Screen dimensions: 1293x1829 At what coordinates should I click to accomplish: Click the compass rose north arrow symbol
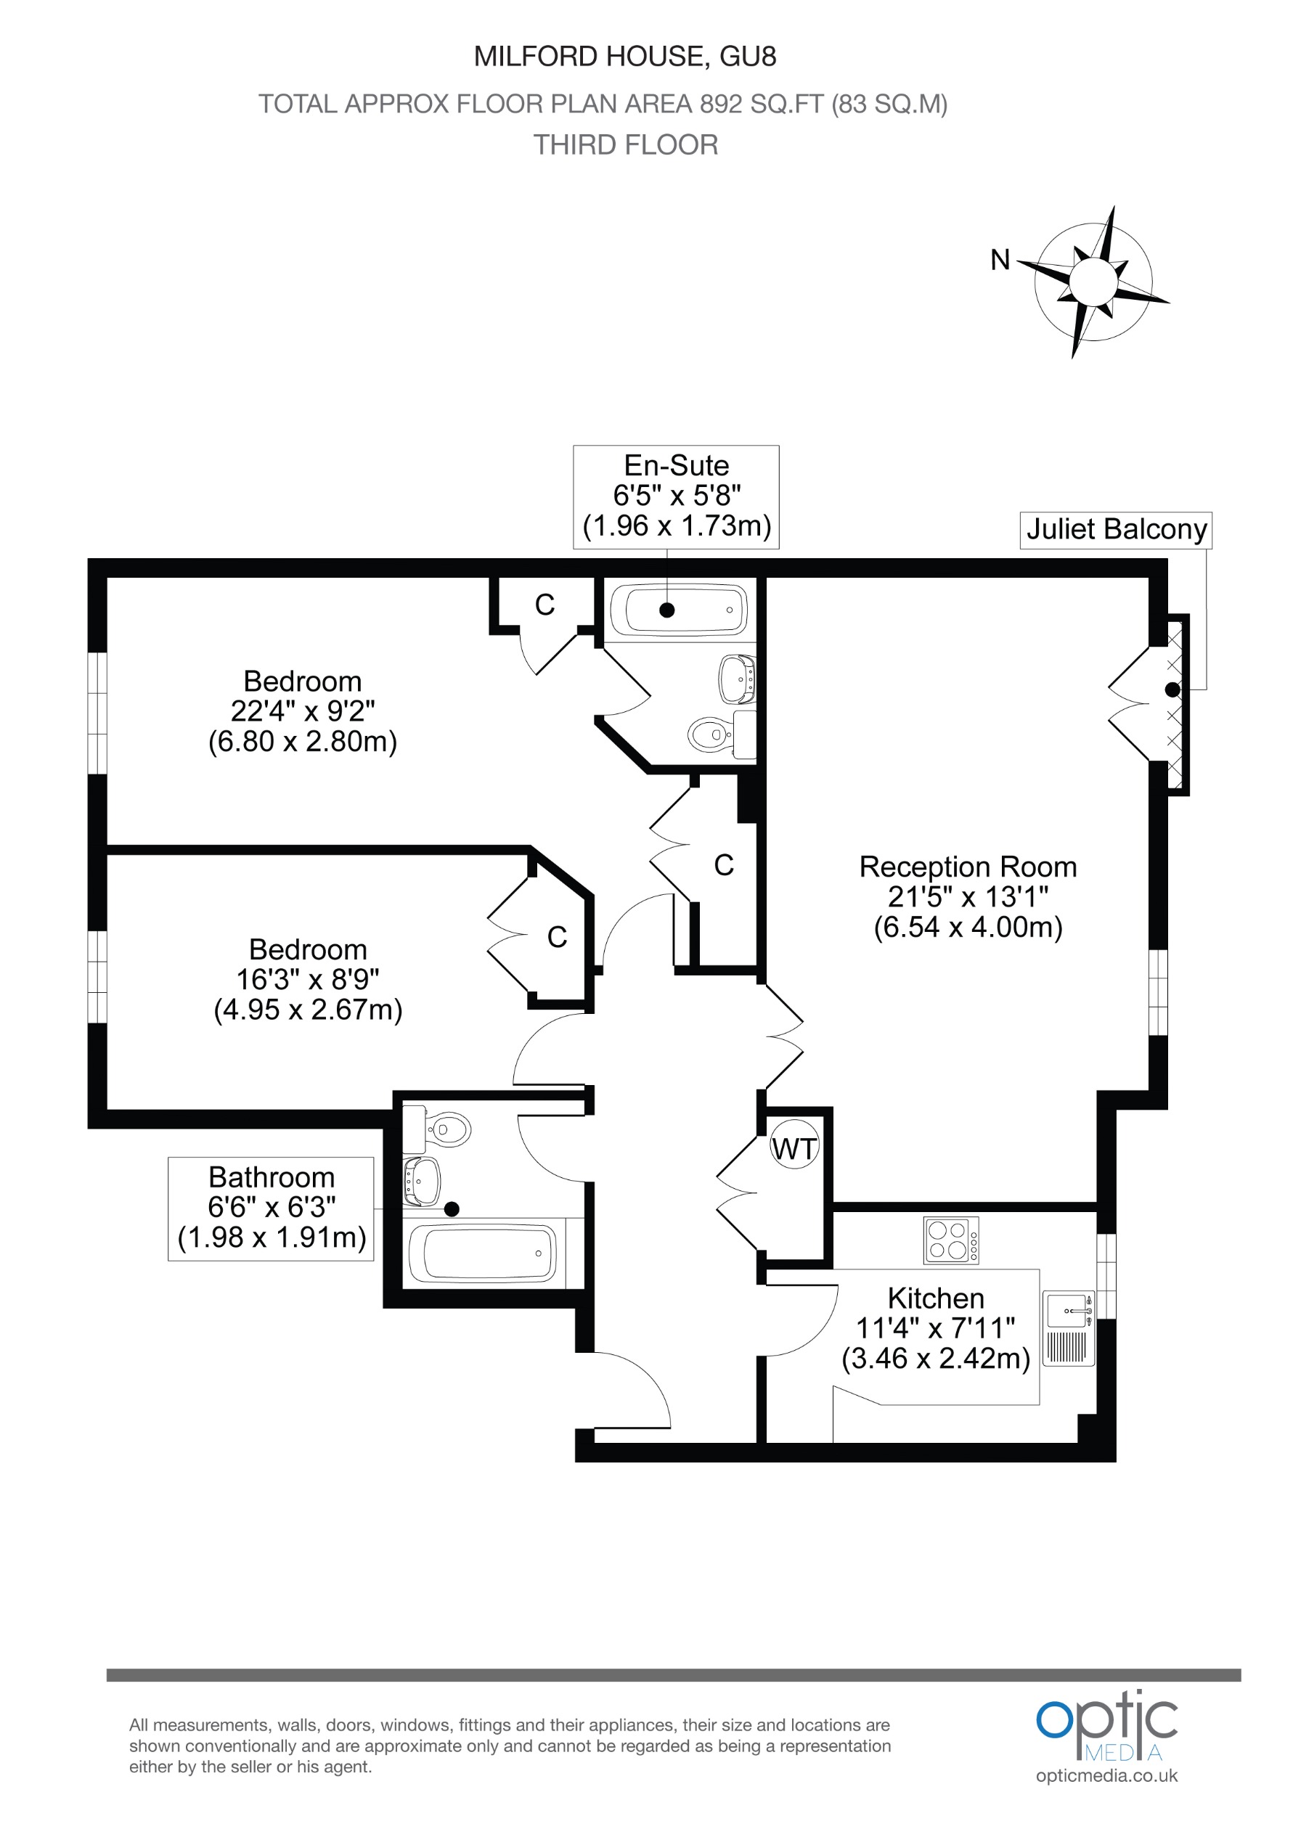[x=1093, y=281]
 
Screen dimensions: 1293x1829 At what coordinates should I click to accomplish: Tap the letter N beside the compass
[x=1000, y=260]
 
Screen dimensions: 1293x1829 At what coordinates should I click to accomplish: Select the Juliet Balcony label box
[x=1115, y=530]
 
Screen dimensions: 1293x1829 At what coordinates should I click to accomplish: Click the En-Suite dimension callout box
[x=676, y=496]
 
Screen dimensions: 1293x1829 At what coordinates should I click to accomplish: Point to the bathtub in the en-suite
[x=678, y=611]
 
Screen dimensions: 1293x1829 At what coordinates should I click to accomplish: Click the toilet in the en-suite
[x=709, y=734]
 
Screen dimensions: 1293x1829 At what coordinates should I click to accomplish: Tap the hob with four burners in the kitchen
[x=950, y=1240]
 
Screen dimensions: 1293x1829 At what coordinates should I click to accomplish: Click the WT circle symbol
[x=794, y=1149]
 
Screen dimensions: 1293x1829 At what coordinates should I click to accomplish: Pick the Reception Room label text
[x=967, y=867]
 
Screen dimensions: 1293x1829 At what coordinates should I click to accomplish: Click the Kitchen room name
[x=935, y=1298]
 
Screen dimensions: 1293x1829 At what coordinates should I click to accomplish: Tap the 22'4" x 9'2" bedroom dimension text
[x=302, y=711]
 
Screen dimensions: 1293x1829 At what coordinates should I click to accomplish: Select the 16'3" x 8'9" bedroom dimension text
[x=308, y=979]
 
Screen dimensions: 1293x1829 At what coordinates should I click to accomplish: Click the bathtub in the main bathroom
[x=483, y=1254]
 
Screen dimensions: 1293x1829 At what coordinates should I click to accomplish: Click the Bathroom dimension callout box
[x=271, y=1208]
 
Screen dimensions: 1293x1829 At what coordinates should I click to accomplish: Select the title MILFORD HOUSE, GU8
[x=624, y=57]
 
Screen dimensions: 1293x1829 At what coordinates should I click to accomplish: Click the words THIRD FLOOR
[x=625, y=145]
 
